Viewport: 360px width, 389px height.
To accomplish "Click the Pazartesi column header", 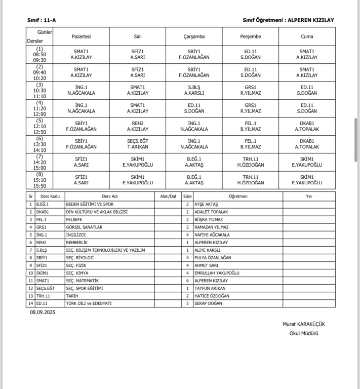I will coord(81,37).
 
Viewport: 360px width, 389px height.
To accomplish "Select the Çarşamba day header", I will coord(194,37).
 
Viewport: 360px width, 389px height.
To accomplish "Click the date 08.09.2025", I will coord(43,313).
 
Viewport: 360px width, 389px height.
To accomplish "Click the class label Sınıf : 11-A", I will coord(42,20).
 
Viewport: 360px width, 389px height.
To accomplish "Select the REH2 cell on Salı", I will coord(138,126).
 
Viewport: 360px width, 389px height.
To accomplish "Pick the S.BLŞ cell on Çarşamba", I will coord(194,90).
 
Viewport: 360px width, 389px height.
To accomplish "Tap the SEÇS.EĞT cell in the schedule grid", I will coord(138,144).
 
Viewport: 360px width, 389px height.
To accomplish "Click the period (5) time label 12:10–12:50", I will coord(39,126).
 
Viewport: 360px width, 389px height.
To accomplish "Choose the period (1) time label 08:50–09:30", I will coord(39,55).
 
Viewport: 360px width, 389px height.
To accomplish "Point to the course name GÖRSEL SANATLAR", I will coord(84,227).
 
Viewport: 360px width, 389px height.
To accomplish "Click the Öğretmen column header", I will coord(238,196).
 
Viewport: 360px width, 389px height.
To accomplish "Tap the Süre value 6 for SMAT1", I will coord(187,281).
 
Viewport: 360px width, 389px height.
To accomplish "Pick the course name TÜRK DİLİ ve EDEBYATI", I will coord(89,303).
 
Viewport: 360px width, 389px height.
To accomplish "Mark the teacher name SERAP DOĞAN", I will coord(208,303).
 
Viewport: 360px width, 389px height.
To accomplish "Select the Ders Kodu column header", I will coord(50,196).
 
